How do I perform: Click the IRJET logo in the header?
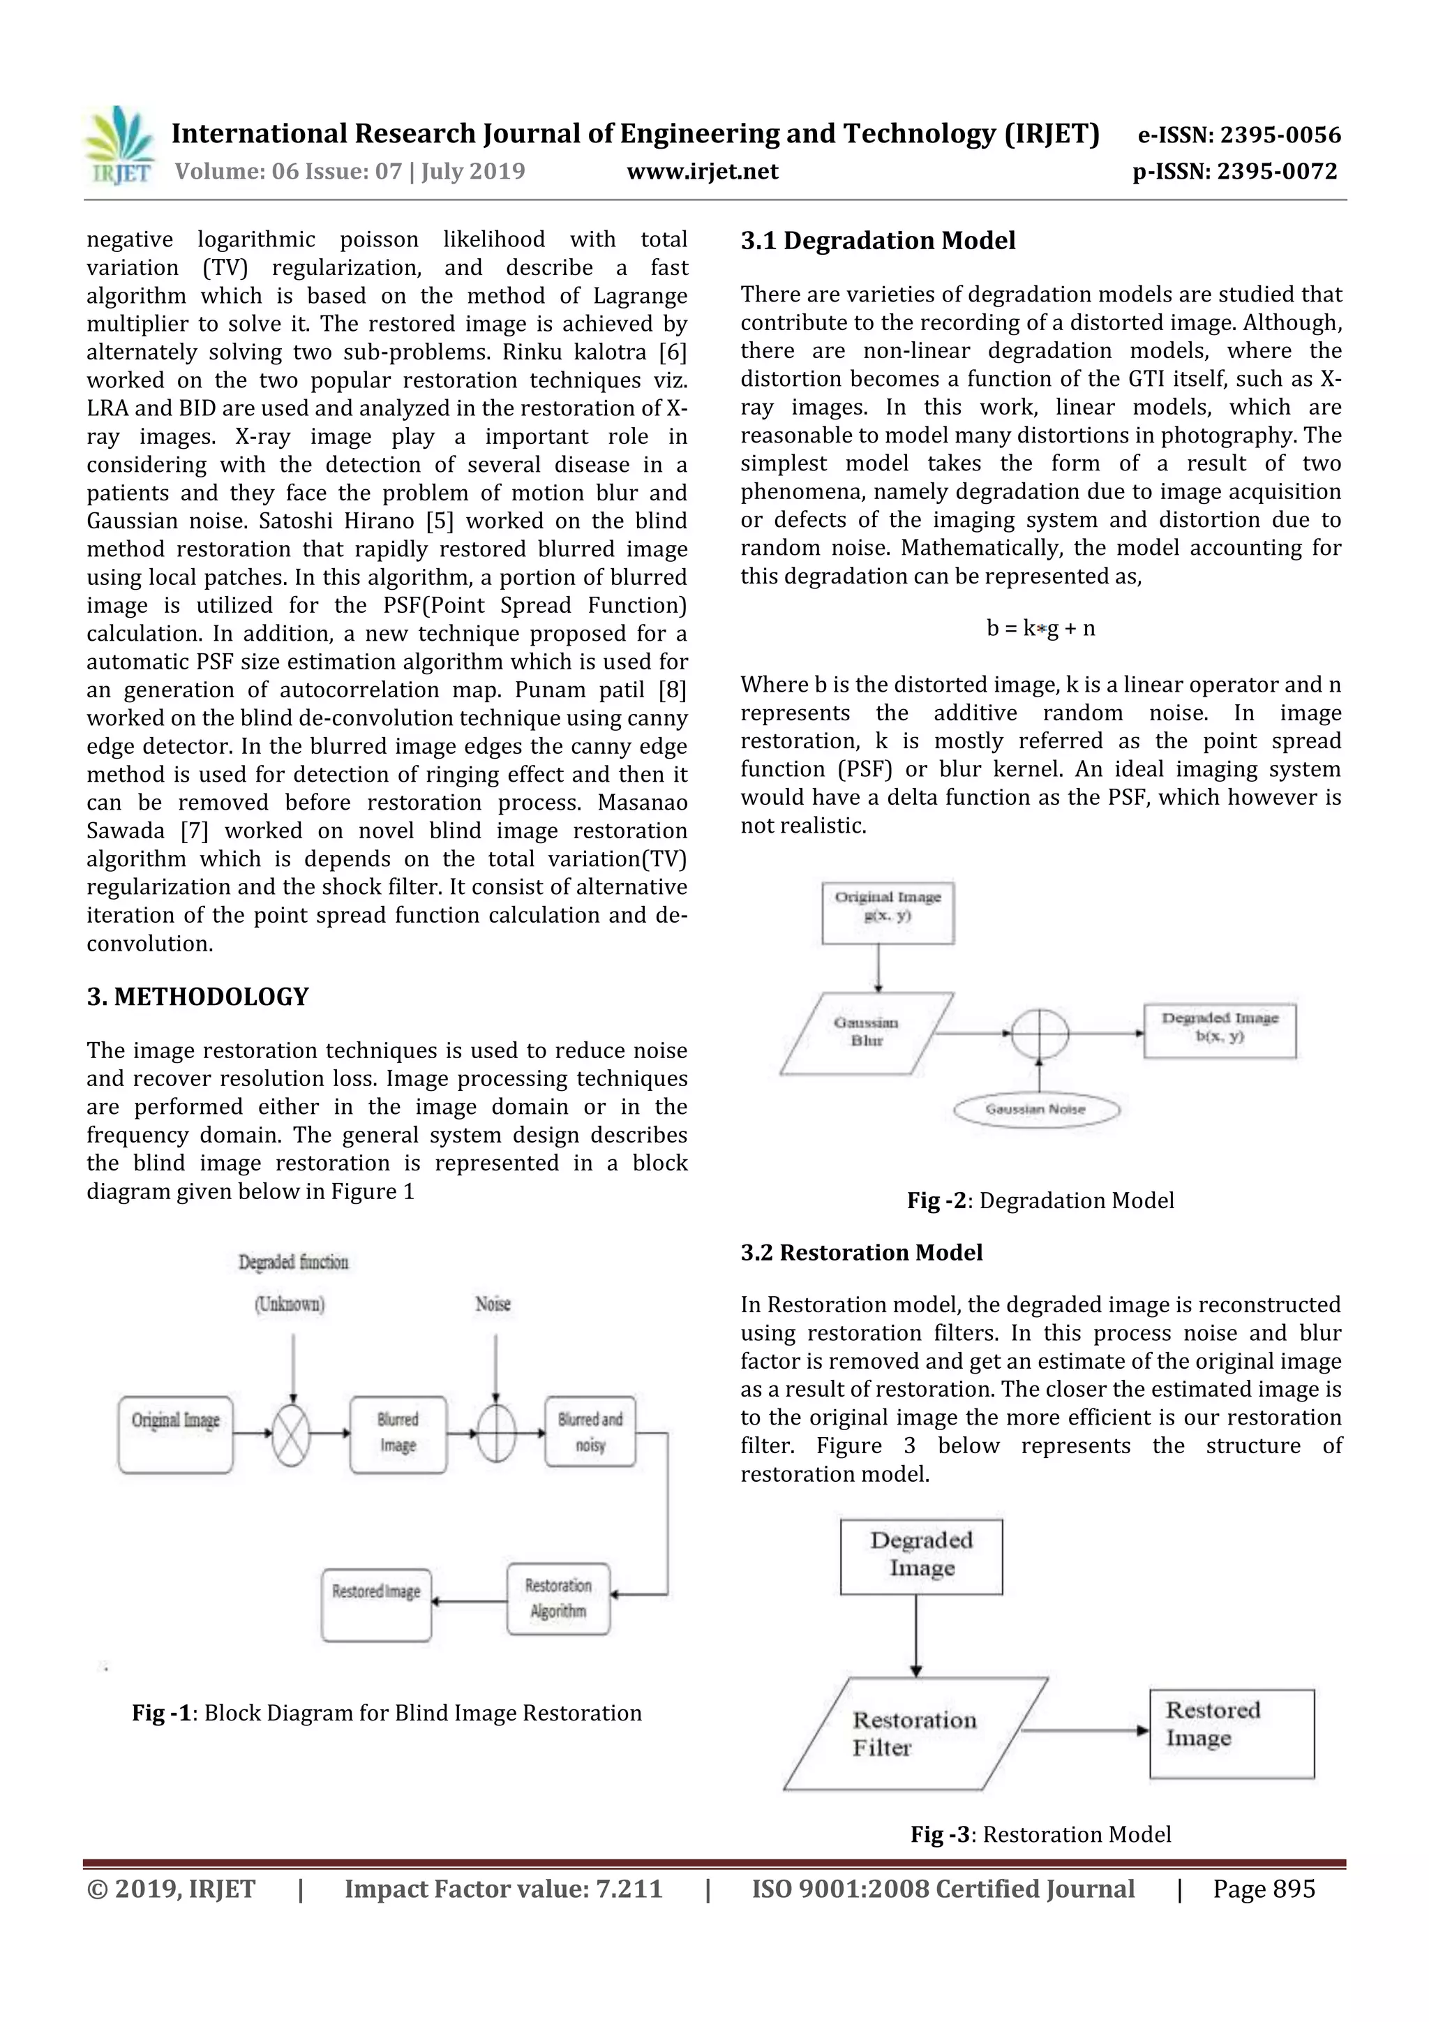119,146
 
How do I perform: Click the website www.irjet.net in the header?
702,171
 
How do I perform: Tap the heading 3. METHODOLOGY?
197,996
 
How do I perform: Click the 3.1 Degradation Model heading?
877,240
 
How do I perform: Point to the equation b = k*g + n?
1041,628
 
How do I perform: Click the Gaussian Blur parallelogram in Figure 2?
867,1033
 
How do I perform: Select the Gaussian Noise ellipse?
1036,1109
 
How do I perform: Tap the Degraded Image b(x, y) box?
1220,1029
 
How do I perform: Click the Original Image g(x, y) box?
888,912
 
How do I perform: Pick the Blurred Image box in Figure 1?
398,1434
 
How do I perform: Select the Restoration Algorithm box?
558,1598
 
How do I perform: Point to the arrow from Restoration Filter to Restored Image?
1085,1730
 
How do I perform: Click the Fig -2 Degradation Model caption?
1041,1200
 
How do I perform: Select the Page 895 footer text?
1264,1888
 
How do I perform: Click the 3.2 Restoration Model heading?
861,1252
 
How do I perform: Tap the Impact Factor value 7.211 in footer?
503,1888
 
